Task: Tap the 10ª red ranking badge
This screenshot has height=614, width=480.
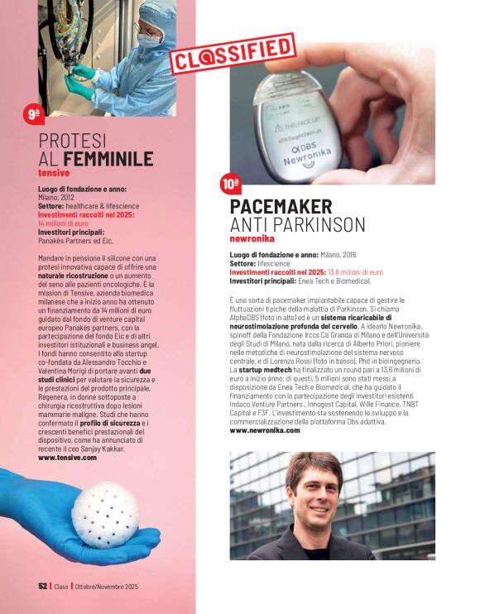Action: (x=231, y=183)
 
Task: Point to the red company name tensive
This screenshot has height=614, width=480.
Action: (x=54, y=173)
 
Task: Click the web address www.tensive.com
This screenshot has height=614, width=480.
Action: (x=68, y=457)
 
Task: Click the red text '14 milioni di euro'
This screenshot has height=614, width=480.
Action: (x=63, y=223)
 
